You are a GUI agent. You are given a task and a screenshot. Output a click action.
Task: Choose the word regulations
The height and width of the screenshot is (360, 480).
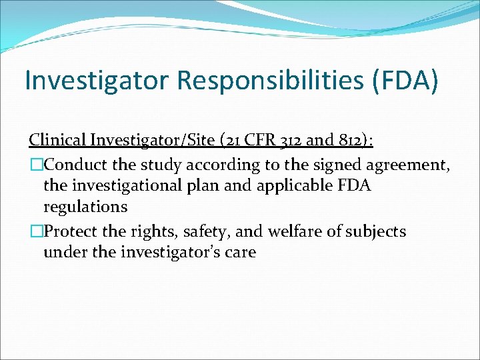click(x=85, y=207)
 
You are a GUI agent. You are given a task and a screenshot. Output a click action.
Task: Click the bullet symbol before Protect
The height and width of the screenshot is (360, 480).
click(x=35, y=231)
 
